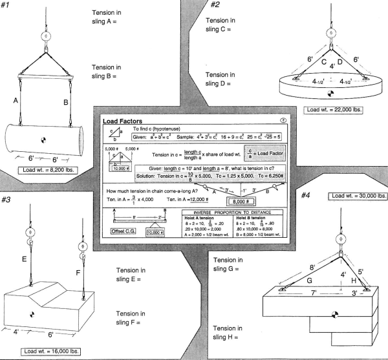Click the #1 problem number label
point(8,6)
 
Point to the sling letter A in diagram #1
point(14,101)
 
